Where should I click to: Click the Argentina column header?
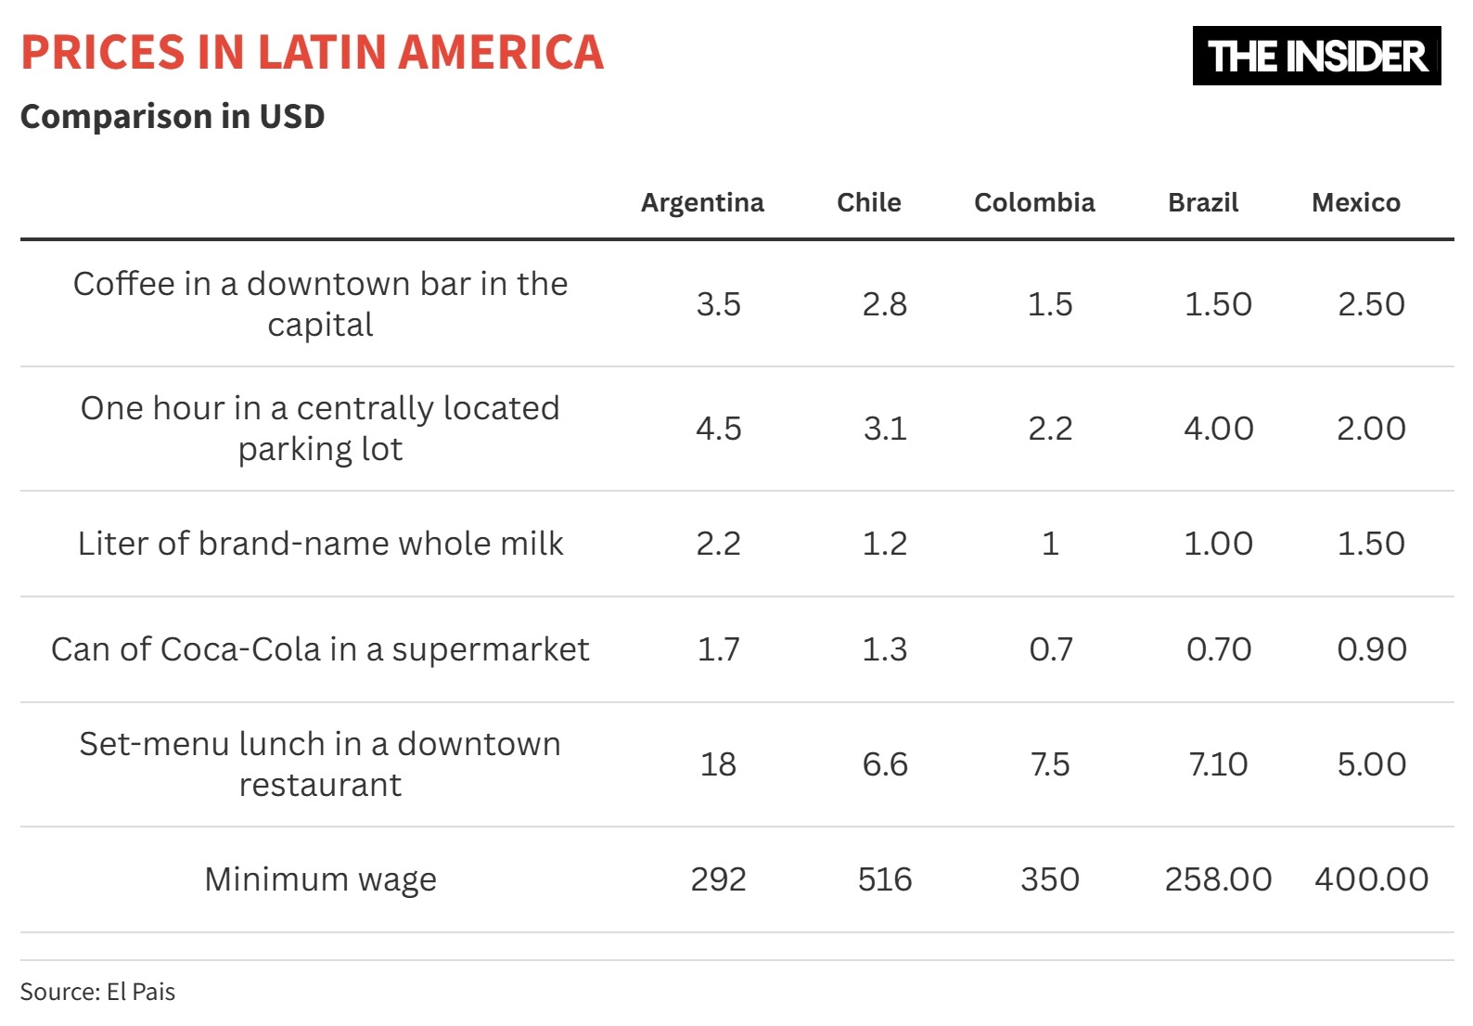coord(702,202)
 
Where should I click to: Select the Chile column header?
coord(868,202)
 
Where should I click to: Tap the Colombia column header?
coord(1033,202)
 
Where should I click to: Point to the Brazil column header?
coord(1203,202)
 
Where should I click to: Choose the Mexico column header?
coord(1355,202)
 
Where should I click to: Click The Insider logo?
coord(1316,56)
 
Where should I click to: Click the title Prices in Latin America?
coord(312,52)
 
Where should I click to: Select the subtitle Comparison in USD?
coord(173,117)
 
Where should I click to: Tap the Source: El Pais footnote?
coord(97,992)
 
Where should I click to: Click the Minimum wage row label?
coord(320,879)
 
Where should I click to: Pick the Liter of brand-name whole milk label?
coord(320,543)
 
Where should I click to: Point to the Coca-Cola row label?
coord(320,648)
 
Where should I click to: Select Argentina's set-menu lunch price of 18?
coord(718,763)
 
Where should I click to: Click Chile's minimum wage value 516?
coord(884,879)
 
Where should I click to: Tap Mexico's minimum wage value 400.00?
coord(1371,879)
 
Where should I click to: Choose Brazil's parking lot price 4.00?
coord(1218,428)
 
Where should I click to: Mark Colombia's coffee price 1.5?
coord(1049,303)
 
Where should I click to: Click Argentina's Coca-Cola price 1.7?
coord(718,648)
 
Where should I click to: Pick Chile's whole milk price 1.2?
coord(884,543)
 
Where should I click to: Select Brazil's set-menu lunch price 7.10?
coord(1218,763)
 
